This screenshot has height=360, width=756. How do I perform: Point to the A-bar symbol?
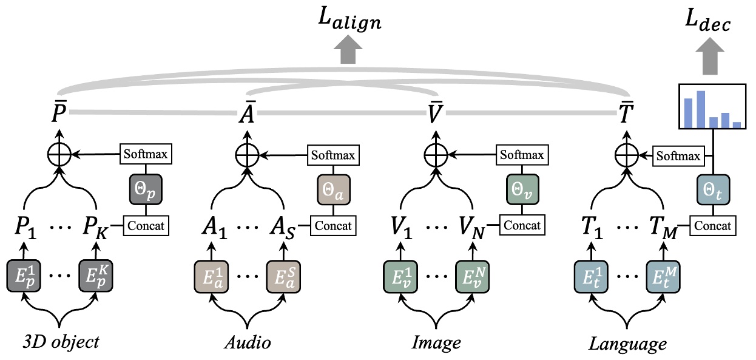[247, 112]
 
